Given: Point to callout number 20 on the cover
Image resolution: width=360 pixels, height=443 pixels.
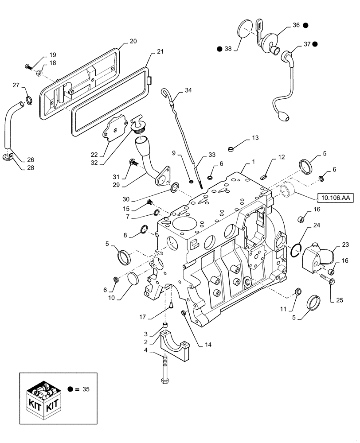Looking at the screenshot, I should pos(133,41).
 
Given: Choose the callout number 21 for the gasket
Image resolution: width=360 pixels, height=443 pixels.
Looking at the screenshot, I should pos(159,52).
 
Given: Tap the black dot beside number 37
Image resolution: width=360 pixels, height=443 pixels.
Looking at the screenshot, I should pos(315,44).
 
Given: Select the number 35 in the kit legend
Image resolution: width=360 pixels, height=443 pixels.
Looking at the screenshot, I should pos(86,389).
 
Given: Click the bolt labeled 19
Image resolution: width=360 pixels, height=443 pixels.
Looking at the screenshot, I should pos(29,66).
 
